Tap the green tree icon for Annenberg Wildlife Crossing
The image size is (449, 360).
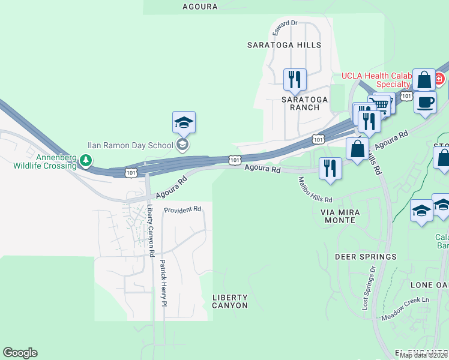(87, 160)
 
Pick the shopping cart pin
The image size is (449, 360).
(382, 104)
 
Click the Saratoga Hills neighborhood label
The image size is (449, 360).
(284, 45)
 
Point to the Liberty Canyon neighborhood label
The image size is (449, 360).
(230, 301)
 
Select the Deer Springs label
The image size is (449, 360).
(366, 257)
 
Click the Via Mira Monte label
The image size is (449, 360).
(338, 216)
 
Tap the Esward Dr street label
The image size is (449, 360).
(285, 23)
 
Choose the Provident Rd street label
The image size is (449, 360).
(183, 209)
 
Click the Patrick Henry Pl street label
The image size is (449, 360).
(163, 283)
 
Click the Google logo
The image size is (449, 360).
(20, 353)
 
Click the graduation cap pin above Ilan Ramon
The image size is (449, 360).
(184, 122)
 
